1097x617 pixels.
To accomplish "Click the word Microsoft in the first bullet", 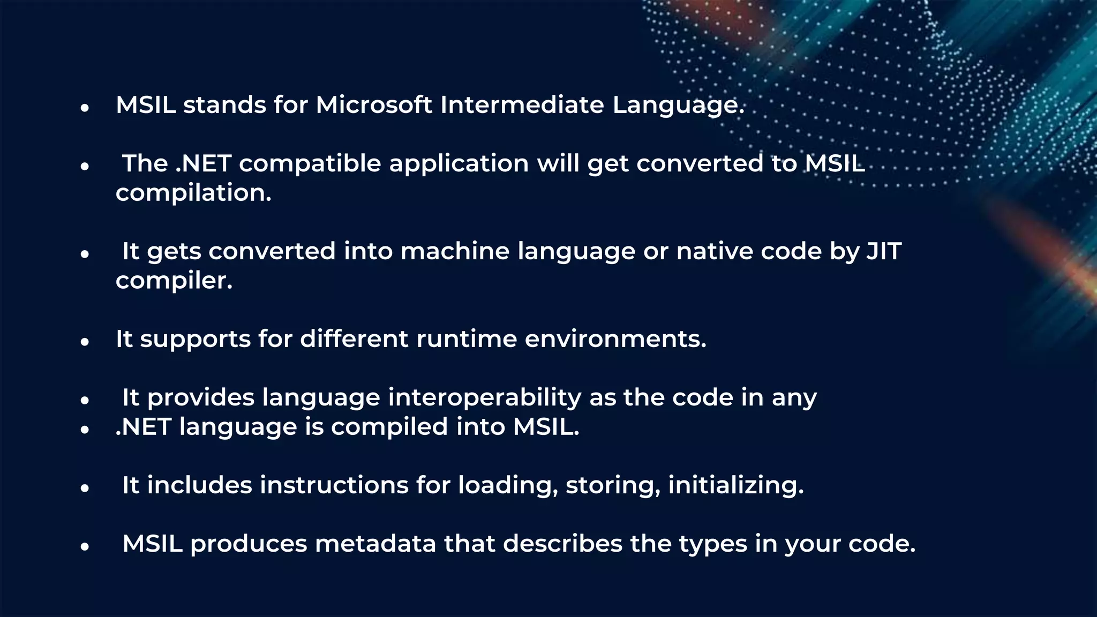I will tap(373, 105).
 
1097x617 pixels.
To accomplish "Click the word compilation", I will tap(193, 193).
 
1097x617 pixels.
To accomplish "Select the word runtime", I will tap(466, 339).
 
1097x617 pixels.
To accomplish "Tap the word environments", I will tap(615, 339).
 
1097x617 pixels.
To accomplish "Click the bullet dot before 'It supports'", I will tap(84, 342).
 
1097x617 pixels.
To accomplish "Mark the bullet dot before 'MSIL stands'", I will tap(84, 108).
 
